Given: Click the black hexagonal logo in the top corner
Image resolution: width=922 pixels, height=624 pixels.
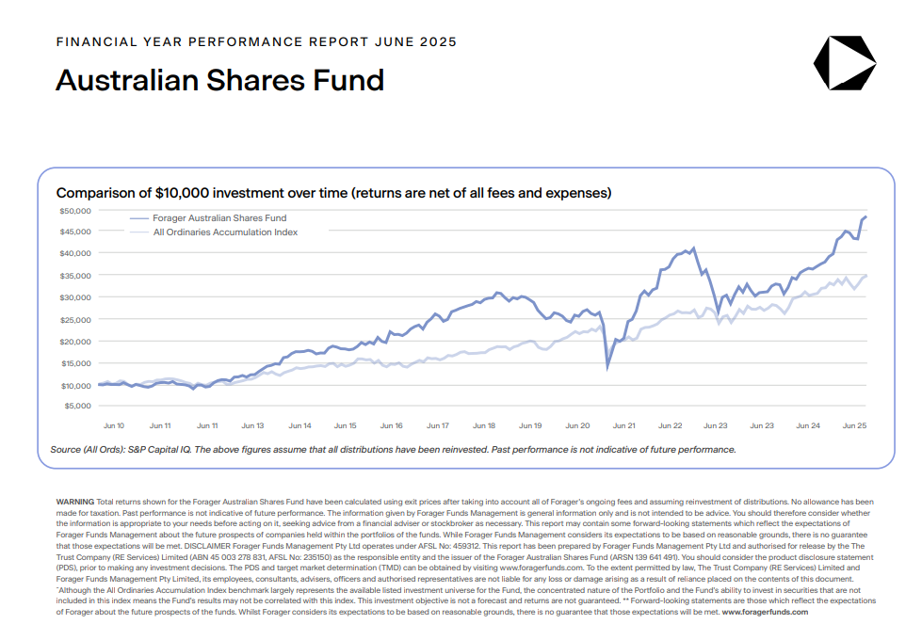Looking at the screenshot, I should (x=844, y=63).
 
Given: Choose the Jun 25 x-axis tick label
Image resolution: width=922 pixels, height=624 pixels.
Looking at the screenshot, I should (x=854, y=425).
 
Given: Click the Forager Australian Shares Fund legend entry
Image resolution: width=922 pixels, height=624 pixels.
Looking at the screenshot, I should (x=218, y=218).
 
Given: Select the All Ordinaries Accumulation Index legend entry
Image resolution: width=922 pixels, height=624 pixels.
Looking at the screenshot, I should (x=225, y=232).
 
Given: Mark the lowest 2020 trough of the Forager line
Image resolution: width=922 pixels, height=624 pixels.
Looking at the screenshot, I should (x=607, y=366).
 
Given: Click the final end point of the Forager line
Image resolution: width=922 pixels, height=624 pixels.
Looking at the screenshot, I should (x=866, y=217).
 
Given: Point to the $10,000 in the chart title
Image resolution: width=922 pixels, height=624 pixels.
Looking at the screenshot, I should (x=164, y=193).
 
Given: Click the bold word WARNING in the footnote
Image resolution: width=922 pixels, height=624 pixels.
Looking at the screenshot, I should (x=75, y=502).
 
